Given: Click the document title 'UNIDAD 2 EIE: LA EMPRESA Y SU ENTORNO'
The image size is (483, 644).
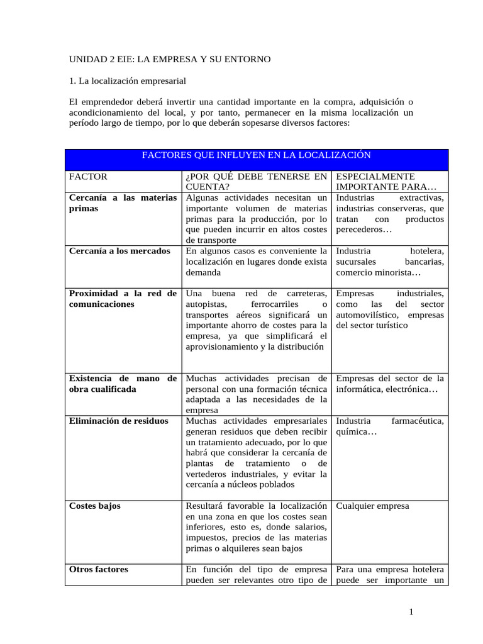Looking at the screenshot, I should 170,60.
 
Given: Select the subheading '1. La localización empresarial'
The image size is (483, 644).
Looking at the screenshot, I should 128,81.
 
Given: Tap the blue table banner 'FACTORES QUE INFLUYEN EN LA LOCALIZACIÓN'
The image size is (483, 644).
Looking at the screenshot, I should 256,155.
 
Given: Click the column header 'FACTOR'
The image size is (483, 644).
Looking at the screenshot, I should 88,177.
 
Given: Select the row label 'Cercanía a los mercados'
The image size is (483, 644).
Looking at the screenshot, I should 119,251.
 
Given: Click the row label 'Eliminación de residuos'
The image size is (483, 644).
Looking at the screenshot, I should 118,421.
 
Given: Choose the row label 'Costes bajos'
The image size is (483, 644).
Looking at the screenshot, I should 94,506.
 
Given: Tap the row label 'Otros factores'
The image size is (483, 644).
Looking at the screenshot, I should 98,569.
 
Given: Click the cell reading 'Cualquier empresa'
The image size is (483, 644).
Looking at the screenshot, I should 372,506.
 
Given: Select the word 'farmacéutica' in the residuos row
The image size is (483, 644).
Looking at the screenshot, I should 418,421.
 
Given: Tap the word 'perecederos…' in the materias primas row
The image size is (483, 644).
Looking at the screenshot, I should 364,230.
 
